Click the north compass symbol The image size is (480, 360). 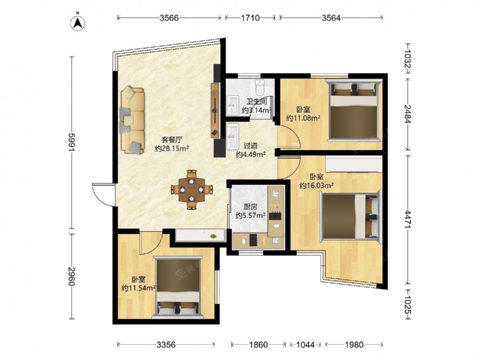[x=78, y=23]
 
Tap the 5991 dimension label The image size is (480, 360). [x=72, y=143]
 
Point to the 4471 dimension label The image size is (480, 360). [x=408, y=219]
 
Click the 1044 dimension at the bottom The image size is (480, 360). [x=305, y=345]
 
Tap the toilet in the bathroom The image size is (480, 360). [x=260, y=87]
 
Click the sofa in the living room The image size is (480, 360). [x=132, y=120]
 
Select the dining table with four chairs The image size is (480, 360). [x=192, y=190]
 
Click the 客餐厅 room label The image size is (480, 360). [x=172, y=140]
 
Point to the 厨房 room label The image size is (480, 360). [x=250, y=207]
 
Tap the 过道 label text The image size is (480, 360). [x=251, y=146]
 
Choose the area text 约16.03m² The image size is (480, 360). [x=316, y=185]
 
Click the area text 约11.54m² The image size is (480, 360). [x=138, y=288]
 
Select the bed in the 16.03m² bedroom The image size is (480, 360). [x=351, y=216]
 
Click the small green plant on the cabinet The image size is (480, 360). [x=213, y=236]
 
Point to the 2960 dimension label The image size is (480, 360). [x=72, y=276]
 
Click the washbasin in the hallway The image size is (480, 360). [x=233, y=136]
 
